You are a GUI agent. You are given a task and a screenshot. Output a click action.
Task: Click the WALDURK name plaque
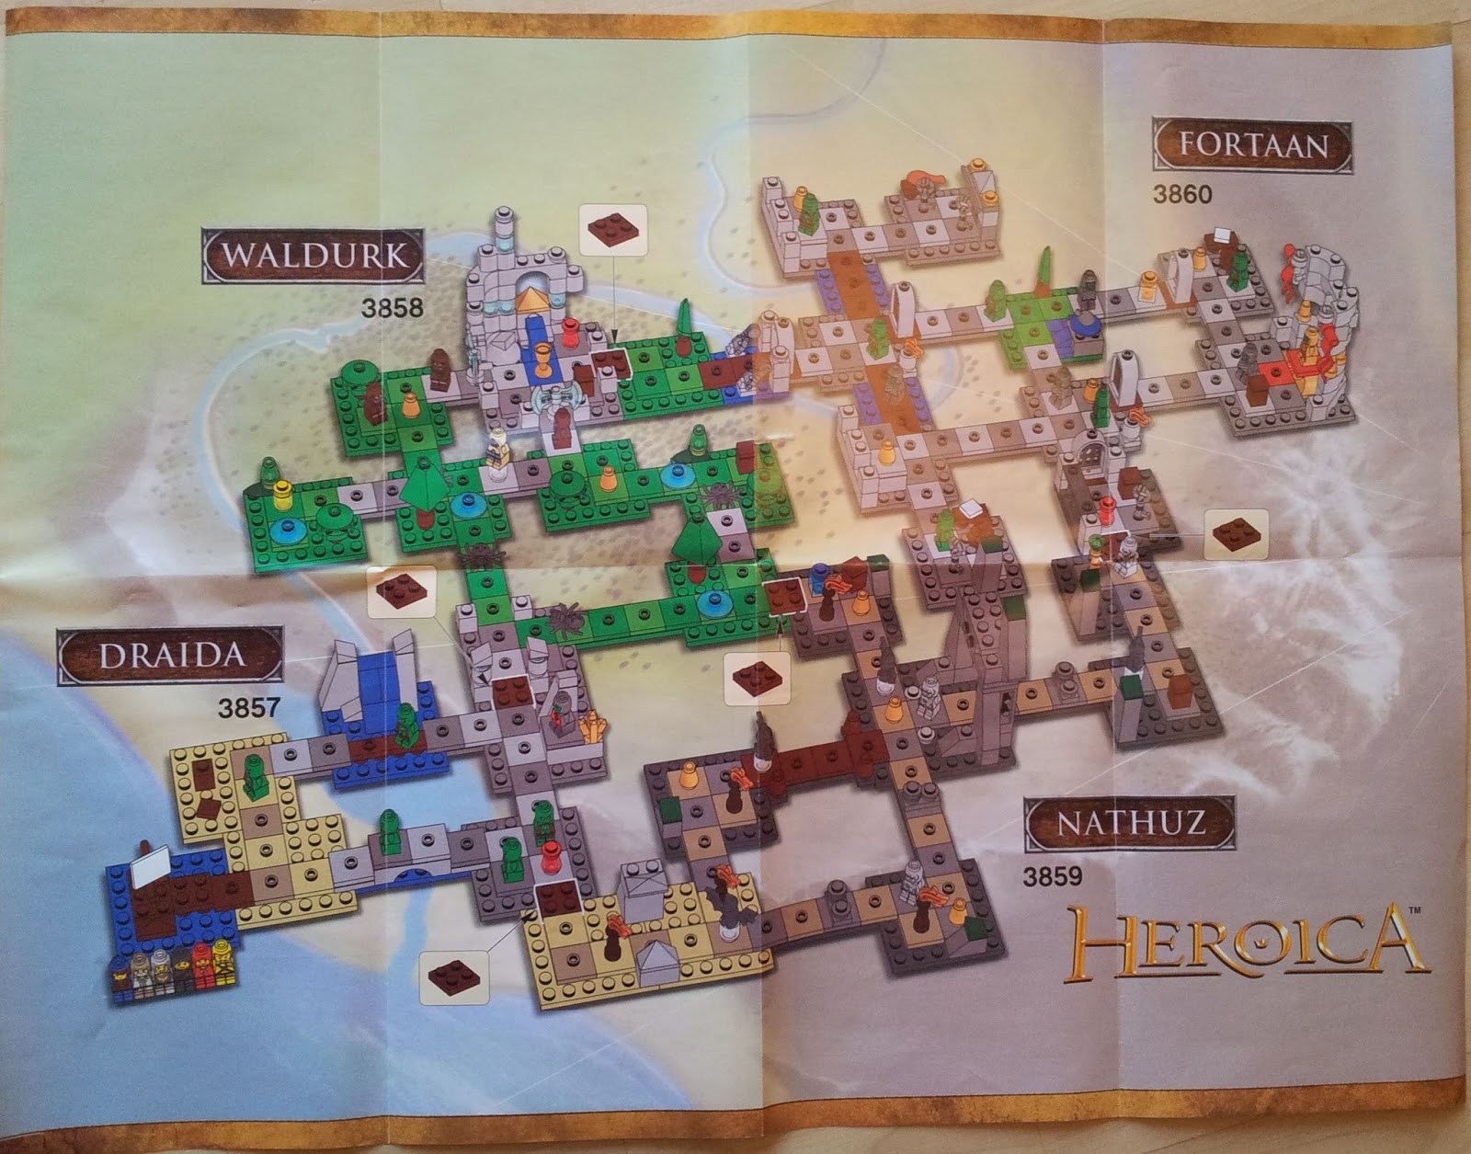(314, 256)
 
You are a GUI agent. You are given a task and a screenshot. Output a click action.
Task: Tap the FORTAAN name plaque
(1253, 145)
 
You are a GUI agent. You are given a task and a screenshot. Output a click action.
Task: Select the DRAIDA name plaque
(171, 656)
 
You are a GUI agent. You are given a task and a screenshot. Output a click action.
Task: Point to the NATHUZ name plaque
(1129, 822)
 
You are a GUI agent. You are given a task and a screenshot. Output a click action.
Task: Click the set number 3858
(393, 307)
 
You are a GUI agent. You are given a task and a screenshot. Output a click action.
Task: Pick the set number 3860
(1182, 194)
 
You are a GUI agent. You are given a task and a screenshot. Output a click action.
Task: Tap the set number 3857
(248, 708)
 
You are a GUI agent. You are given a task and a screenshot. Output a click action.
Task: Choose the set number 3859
(1053, 875)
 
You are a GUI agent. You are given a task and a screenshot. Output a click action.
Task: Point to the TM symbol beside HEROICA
(1415, 910)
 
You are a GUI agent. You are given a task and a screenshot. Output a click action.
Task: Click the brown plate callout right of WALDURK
(613, 230)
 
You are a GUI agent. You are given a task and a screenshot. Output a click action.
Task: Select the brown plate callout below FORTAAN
(1237, 533)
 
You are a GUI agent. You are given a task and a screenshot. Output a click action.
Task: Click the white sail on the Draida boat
(151, 866)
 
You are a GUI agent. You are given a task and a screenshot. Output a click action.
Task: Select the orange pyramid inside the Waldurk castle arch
(532, 299)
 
